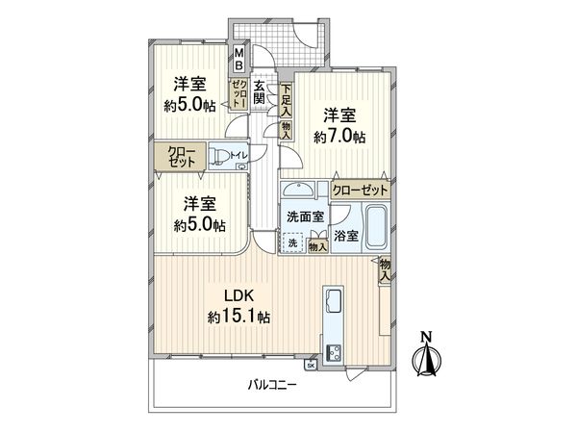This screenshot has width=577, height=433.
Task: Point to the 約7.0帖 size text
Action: coord(339,137)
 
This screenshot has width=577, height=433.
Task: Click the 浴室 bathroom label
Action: coord(347,234)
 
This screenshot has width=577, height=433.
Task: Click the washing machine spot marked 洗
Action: coord(293,244)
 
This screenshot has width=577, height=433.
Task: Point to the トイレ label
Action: coord(238,153)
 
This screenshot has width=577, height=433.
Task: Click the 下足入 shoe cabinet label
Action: coord(287,98)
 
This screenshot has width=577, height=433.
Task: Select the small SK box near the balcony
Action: coord(310,366)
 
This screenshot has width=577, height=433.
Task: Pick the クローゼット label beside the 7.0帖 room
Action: coord(361,190)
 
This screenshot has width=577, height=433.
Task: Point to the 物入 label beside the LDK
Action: coord(385,269)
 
